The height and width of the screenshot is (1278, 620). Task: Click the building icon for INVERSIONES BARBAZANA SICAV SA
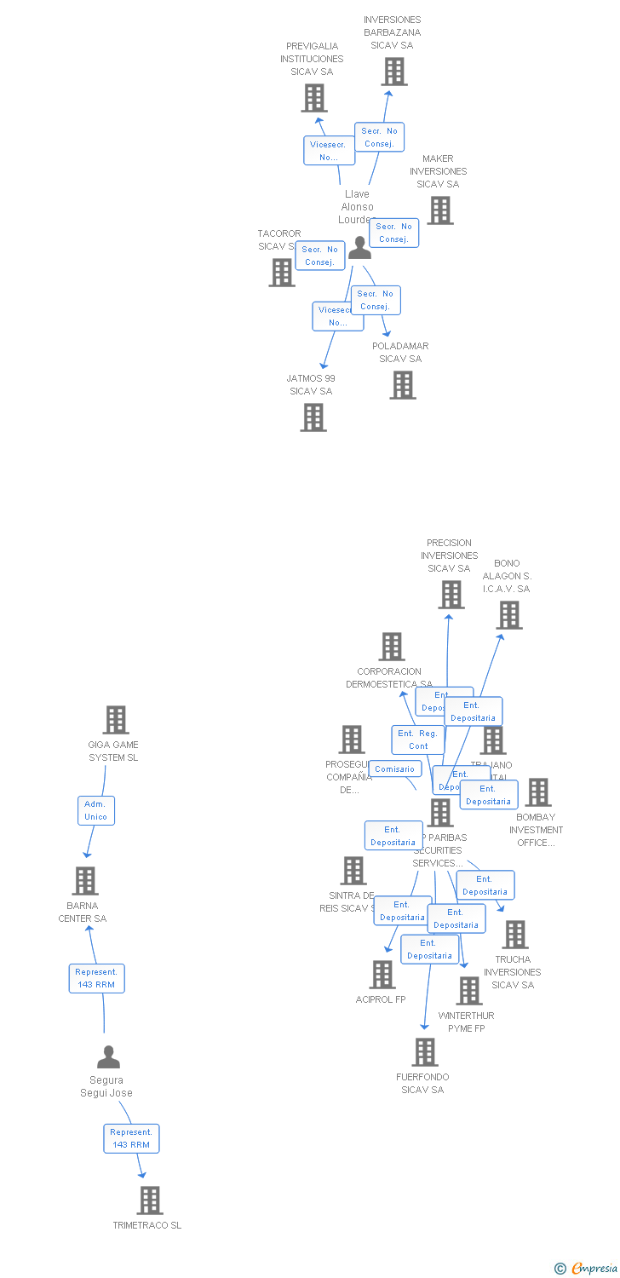pyautogui.click(x=393, y=72)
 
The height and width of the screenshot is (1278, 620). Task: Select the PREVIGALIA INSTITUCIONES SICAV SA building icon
pyautogui.click(x=314, y=98)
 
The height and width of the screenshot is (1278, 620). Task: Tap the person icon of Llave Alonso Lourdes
pyautogui.click(x=359, y=248)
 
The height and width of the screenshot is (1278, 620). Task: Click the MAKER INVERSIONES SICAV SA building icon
pyautogui.click(x=439, y=210)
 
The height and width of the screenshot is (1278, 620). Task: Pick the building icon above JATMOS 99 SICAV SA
pyautogui.click(x=313, y=417)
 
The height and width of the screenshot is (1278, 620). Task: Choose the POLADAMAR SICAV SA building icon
pyautogui.click(x=403, y=385)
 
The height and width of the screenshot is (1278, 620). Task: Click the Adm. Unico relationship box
pyautogui.click(x=95, y=810)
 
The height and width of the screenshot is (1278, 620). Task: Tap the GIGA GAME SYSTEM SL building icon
pyautogui.click(x=116, y=720)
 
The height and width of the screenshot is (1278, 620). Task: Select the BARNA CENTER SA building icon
pyautogui.click(x=84, y=881)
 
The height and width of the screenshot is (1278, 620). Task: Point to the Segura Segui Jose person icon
pyautogui.click(x=108, y=1057)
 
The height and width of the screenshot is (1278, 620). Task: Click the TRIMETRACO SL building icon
pyautogui.click(x=149, y=1200)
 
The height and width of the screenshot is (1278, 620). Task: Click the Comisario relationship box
pyautogui.click(x=394, y=769)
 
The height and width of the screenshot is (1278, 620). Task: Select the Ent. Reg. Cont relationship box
pyautogui.click(x=418, y=740)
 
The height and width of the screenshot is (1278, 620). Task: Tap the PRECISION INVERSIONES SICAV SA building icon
pyautogui.click(x=451, y=595)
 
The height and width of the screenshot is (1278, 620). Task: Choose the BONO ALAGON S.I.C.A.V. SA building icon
pyautogui.click(x=508, y=615)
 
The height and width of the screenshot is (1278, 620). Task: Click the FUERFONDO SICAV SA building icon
pyautogui.click(x=424, y=1052)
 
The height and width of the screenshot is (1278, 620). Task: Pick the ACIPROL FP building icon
pyautogui.click(x=382, y=975)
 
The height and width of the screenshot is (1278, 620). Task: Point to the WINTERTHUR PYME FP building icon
pyautogui.click(x=468, y=991)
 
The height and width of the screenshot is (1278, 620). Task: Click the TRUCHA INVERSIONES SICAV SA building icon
pyautogui.click(x=514, y=935)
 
